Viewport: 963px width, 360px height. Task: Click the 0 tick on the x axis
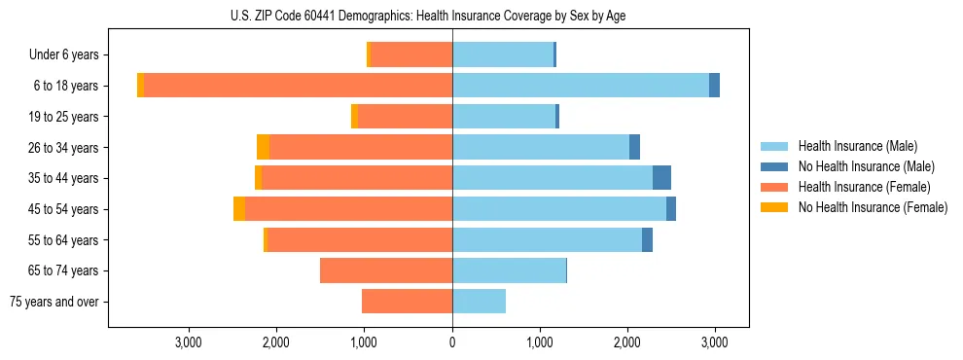452,342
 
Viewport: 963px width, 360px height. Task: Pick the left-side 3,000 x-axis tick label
188,342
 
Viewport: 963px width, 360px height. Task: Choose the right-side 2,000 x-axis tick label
627,342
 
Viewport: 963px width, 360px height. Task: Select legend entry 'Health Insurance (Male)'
857,146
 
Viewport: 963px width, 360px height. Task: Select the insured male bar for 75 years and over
479,302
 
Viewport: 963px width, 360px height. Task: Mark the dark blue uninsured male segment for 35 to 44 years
661,178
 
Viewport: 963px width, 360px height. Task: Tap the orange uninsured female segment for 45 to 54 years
239,209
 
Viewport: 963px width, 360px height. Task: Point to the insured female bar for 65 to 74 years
386,270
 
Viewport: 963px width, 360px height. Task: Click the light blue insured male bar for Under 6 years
502,54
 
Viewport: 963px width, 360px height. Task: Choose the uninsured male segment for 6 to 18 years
714,86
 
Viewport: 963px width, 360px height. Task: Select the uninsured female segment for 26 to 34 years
263,147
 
